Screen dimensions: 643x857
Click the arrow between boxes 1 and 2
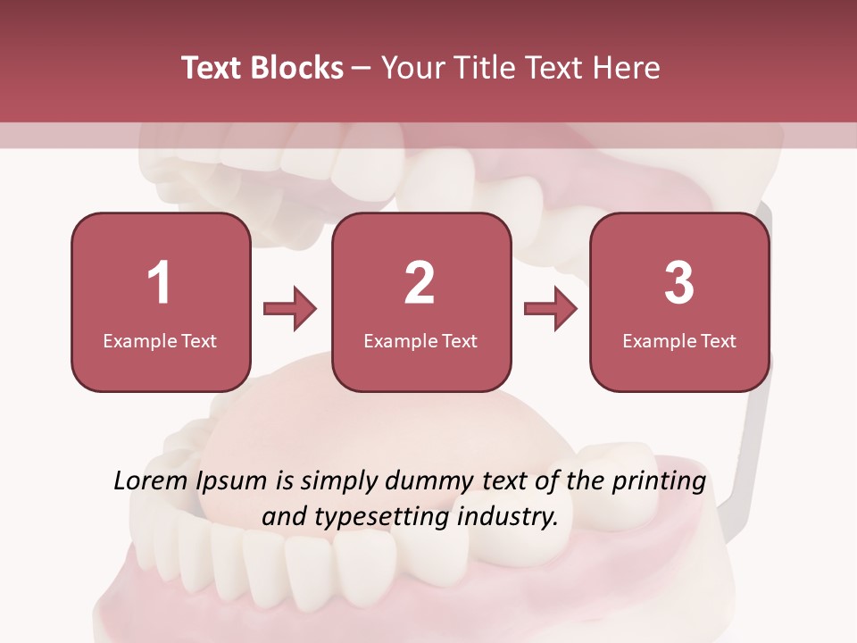[290, 309]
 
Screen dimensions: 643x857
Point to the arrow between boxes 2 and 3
[551, 309]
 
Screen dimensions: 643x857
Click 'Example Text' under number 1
[160, 340]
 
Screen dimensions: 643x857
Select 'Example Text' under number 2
[420, 340]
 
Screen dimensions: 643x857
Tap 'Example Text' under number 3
[679, 340]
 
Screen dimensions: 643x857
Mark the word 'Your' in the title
[411, 68]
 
